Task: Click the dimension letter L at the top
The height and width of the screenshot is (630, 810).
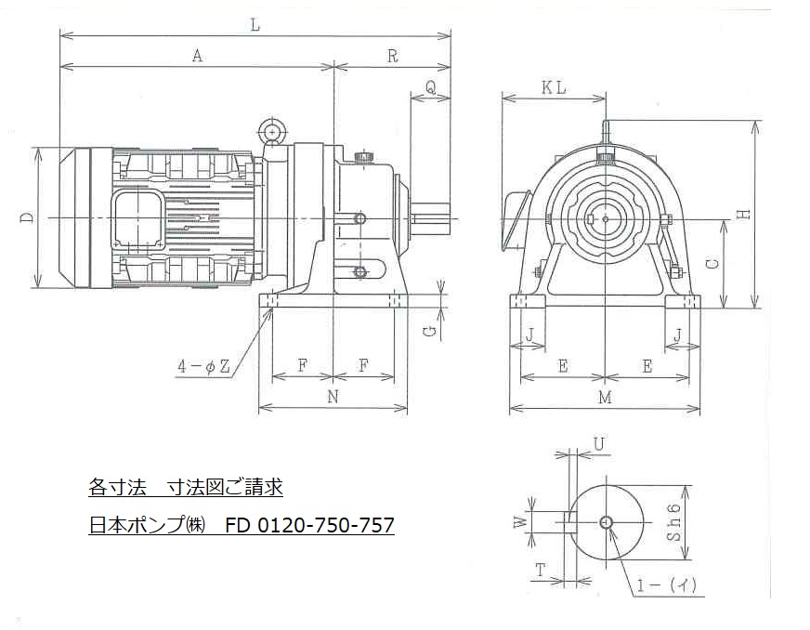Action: (x=255, y=25)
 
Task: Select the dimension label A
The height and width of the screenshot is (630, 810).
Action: (x=197, y=56)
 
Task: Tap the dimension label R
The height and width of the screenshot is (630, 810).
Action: (x=393, y=56)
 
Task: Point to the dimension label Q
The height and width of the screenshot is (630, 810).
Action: (x=430, y=87)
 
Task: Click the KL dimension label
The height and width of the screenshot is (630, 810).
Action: (x=554, y=88)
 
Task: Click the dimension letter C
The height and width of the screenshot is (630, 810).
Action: (x=712, y=264)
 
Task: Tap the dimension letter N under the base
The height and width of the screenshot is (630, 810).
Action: (x=333, y=397)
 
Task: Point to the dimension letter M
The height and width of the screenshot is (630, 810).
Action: (x=605, y=398)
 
